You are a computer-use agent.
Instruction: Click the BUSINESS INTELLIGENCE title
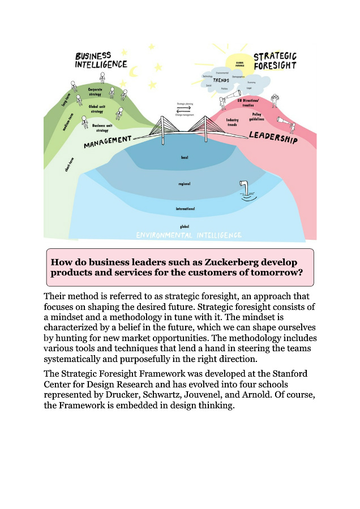pyautogui.click(x=101, y=60)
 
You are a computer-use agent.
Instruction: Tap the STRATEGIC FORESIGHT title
pyautogui.click(x=275, y=61)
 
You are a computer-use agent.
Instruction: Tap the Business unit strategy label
pyautogui.click(x=104, y=127)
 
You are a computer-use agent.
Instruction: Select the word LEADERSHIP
pyautogui.click(x=273, y=137)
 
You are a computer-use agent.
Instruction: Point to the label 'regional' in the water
pyautogui.click(x=184, y=183)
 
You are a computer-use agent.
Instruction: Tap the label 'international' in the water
pyautogui.click(x=185, y=209)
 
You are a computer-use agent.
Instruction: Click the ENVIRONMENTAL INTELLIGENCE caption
pyautogui.click(x=189, y=235)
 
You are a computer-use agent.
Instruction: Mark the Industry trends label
pyautogui.click(x=232, y=122)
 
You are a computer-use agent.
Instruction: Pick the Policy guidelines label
pyautogui.click(x=258, y=116)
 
